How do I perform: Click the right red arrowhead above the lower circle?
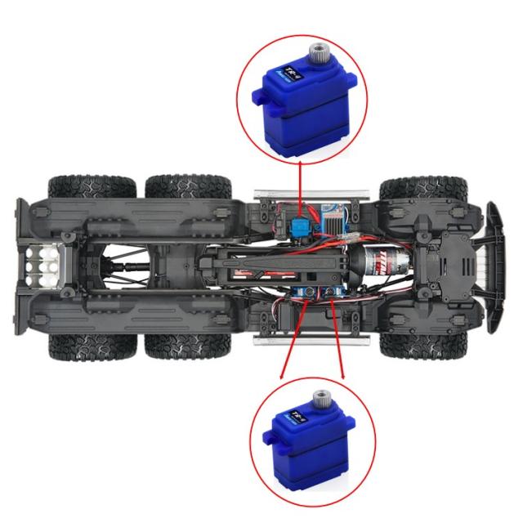point(342,376)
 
